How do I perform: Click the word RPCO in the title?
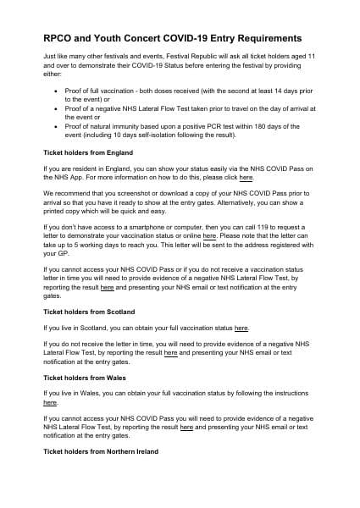pos(60,38)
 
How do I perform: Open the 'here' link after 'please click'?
pos(246,179)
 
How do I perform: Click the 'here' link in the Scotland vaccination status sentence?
pos(241,327)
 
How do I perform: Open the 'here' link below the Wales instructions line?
pos(50,403)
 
